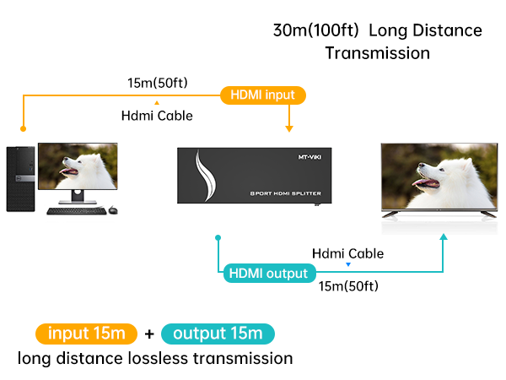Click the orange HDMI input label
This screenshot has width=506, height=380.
click(x=262, y=95)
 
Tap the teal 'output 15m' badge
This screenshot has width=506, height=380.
click(x=218, y=333)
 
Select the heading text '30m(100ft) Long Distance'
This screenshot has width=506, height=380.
click(x=378, y=31)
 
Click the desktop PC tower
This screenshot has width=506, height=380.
click(x=21, y=177)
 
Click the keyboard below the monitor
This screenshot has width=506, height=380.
click(x=73, y=209)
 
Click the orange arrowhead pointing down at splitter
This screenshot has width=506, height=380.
click(x=289, y=128)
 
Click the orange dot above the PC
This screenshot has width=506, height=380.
click(x=24, y=130)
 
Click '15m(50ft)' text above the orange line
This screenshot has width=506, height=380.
click(x=157, y=83)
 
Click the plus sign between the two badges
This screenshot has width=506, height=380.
click(x=149, y=334)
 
